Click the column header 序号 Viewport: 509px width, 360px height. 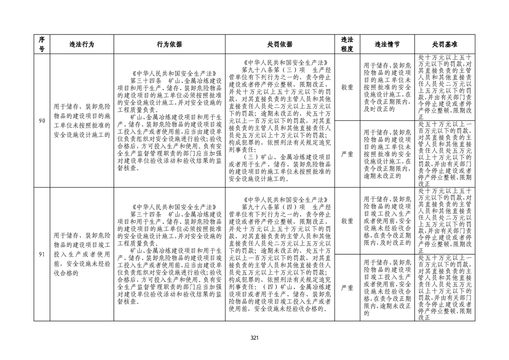tap(42, 44)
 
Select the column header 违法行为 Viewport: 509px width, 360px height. tap(82, 44)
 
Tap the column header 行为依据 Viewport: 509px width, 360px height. tap(169, 44)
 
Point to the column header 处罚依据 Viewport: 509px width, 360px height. tap(280, 44)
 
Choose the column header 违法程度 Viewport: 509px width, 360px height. tap(347, 44)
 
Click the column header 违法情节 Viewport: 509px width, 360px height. tap(387, 44)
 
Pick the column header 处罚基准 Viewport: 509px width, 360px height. tap(445, 44)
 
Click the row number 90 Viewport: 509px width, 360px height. tap(42, 121)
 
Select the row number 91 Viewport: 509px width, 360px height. tap(42, 254)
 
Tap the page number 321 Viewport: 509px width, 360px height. tap(254, 337)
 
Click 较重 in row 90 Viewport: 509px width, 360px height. tap(347, 87)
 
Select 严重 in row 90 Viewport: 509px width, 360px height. tap(347, 154)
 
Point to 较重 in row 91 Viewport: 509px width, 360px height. tap(347, 221)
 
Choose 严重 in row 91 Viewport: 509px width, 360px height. tap(347, 287)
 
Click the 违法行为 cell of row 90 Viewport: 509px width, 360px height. tap(82, 121)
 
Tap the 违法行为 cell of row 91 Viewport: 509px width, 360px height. tap(82, 254)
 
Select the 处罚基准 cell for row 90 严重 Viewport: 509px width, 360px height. tap(445, 154)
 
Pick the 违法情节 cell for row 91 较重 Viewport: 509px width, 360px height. tap(387, 221)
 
